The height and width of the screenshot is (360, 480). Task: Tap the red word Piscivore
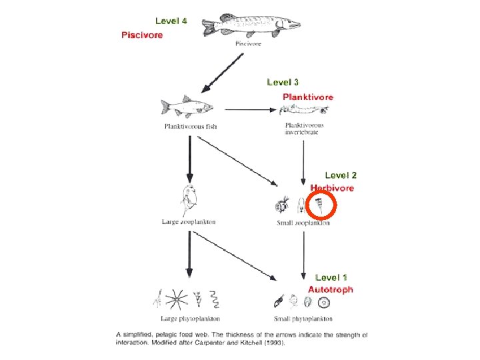(x=141, y=35)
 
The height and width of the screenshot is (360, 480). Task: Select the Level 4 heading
(x=171, y=21)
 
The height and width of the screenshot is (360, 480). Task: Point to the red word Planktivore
(x=307, y=97)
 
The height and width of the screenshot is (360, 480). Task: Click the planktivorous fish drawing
(x=187, y=107)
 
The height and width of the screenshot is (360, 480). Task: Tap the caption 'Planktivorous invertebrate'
(x=303, y=129)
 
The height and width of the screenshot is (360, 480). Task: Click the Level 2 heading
(x=341, y=175)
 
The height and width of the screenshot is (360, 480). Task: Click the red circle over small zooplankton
(x=322, y=202)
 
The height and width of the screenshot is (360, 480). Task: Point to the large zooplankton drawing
(x=189, y=201)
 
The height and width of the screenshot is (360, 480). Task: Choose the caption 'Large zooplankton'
(x=189, y=222)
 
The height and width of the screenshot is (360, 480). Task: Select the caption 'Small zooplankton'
(x=303, y=223)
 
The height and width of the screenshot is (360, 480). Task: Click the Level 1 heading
(x=331, y=277)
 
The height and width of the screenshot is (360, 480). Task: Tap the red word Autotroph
(x=331, y=289)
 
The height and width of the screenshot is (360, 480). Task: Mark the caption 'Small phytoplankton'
(x=303, y=319)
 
